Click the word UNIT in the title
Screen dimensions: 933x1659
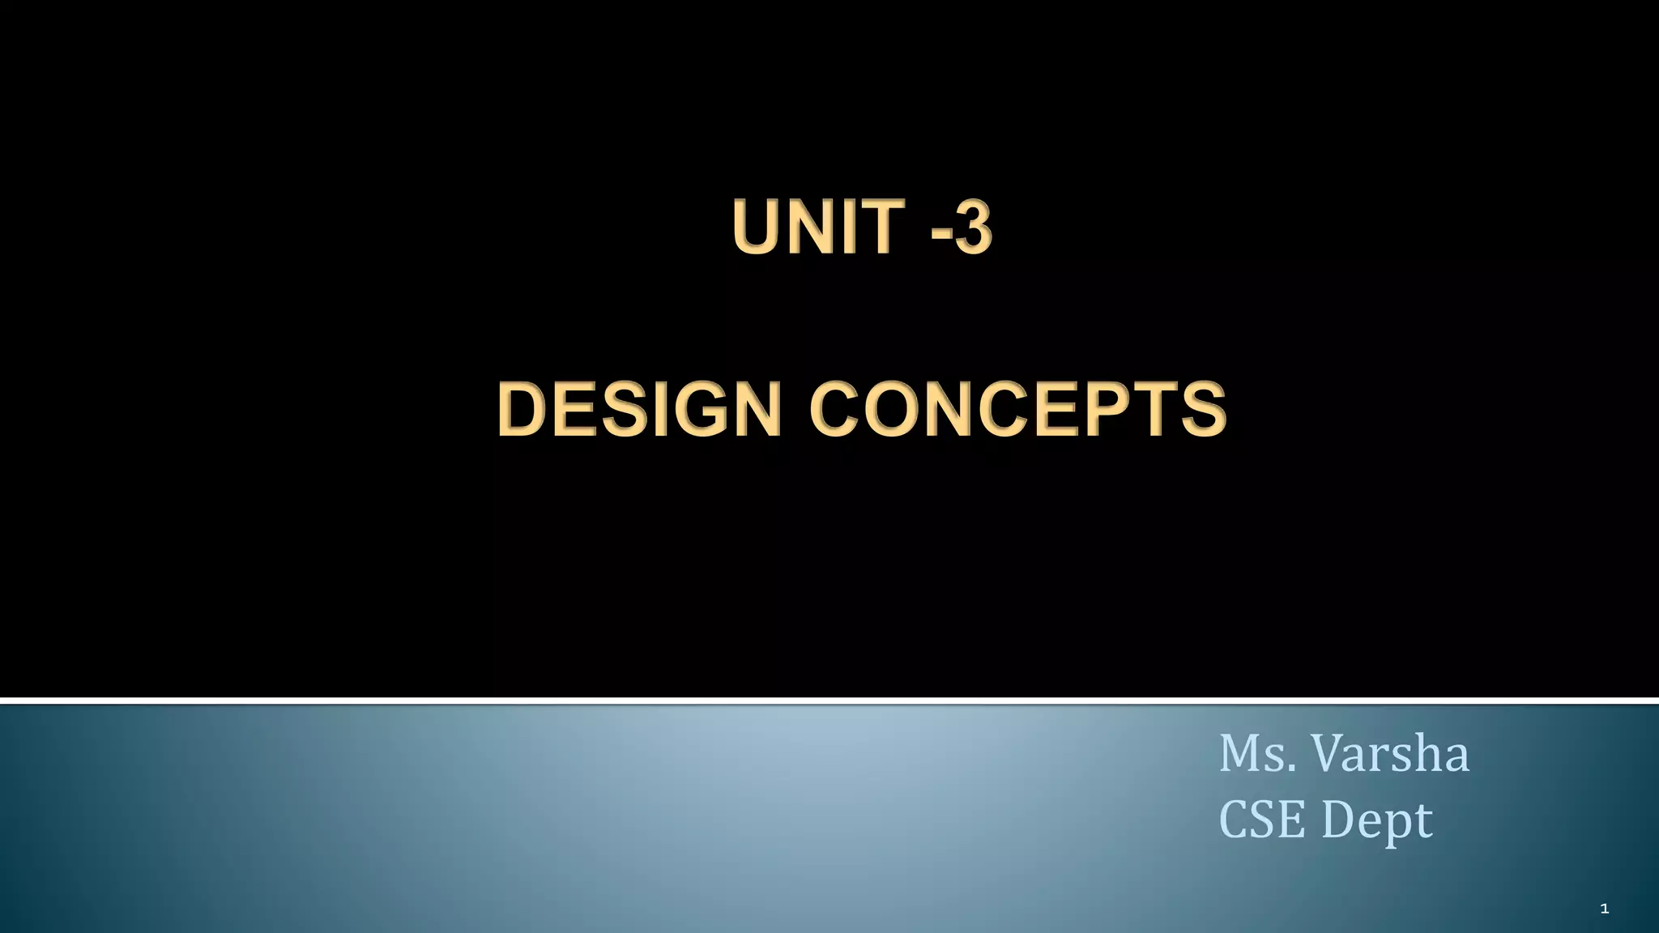tap(817, 228)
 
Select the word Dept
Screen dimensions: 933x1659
tap(1377, 821)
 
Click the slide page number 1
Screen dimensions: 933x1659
tap(1604, 910)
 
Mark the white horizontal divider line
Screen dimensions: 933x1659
tap(829, 700)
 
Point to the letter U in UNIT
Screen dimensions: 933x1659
tap(758, 228)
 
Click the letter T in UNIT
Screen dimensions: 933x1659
tap(881, 228)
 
